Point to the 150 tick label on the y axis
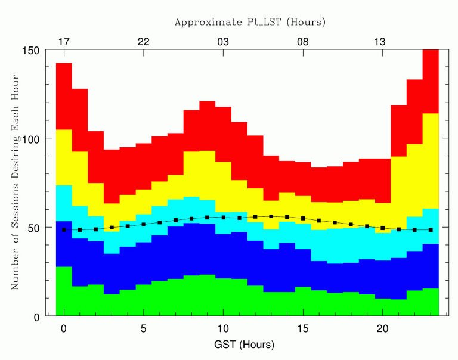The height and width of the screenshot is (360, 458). [30, 50]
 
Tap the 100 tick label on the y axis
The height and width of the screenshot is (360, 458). [30, 139]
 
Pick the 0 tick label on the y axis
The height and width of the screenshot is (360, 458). [36, 316]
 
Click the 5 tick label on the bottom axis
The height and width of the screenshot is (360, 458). [144, 328]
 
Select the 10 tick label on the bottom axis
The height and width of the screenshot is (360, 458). [223, 328]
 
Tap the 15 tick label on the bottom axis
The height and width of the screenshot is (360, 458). [303, 328]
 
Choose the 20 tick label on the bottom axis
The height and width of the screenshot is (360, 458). [383, 328]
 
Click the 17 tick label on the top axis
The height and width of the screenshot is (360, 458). [64, 42]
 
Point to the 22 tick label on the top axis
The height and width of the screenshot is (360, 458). [144, 42]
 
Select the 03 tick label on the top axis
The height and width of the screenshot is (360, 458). [223, 42]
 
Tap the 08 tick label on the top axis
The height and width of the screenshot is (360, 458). [303, 42]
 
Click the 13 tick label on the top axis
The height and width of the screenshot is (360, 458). [383, 42]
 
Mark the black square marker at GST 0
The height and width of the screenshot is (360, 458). [64, 229]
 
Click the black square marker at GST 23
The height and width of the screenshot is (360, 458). [431, 229]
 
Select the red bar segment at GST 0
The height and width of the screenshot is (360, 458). [64, 96]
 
